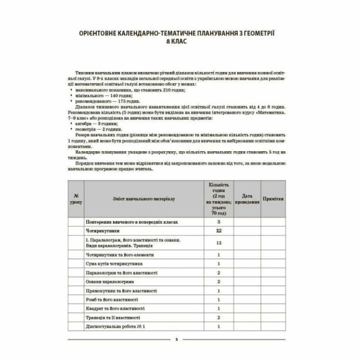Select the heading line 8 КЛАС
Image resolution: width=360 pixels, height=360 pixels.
coord(179,42)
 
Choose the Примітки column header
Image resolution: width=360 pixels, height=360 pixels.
coord(274,198)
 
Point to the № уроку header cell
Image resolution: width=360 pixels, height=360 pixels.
coord(76,198)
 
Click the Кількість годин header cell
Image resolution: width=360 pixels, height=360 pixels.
coord(219,198)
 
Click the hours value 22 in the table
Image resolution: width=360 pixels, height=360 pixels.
coord(219,230)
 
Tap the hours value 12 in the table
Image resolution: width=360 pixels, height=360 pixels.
coord(219,243)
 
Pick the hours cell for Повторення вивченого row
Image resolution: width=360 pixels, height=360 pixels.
coord(219,221)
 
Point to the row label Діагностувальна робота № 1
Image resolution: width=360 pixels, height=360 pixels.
coord(115,326)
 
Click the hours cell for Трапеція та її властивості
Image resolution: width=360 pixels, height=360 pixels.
coord(219,317)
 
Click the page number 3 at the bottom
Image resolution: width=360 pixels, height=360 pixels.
coord(176,339)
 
